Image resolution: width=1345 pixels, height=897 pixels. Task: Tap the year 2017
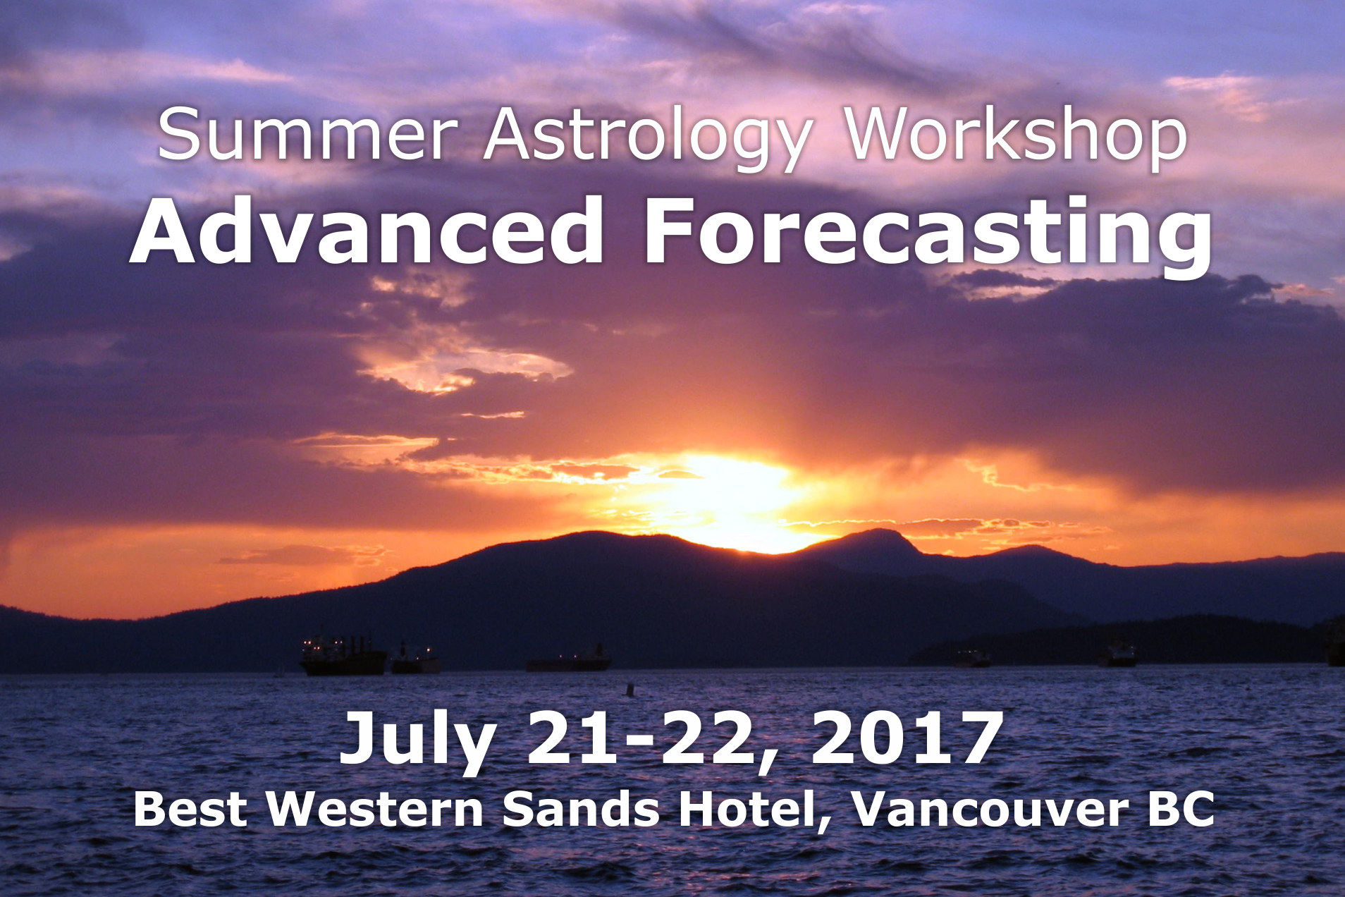(907, 738)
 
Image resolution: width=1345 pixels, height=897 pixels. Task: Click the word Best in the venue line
(190, 810)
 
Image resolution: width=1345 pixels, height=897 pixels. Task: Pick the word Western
(374, 810)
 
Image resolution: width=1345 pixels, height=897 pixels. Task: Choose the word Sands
(581, 810)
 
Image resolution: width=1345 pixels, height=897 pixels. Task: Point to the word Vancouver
(990, 810)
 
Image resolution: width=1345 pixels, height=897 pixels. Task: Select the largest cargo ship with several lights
(343, 656)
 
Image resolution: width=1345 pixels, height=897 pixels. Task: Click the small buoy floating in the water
(629, 689)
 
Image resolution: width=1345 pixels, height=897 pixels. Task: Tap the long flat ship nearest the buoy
(568, 661)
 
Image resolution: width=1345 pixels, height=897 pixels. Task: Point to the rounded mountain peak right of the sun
(874, 536)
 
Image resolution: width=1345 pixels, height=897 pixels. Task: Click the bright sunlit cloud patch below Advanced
(465, 367)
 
